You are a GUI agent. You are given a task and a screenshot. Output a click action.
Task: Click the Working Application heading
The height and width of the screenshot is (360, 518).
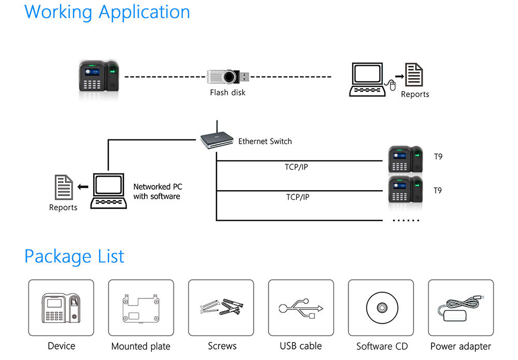tap(107, 12)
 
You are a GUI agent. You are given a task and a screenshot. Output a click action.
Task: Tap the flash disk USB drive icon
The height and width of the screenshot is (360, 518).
tap(228, 77)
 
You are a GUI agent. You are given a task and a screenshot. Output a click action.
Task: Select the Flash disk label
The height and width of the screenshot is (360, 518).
tap(227, 93)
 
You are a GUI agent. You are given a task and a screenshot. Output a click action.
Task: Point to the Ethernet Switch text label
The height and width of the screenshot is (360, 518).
tap(265, 141)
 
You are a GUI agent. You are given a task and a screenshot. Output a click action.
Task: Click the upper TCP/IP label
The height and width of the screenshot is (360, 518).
tap(297, 167)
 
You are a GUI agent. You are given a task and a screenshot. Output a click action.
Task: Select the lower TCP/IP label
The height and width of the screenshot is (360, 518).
tap(298, 197)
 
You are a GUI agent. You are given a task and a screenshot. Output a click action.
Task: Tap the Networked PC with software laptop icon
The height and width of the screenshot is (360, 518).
tap(108, 191)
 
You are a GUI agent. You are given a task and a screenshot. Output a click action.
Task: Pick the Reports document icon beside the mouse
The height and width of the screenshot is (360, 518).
tap(414, 76)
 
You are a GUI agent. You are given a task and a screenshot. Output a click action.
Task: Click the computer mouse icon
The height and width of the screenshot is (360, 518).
tap(393, 84)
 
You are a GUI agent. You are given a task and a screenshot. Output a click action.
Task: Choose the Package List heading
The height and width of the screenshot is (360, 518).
tap(75, 256)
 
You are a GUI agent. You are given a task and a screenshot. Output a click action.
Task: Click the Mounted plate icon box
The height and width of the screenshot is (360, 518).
tap(141, 308)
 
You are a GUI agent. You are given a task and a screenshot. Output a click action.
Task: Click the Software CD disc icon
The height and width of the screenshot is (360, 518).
tap(381, 308)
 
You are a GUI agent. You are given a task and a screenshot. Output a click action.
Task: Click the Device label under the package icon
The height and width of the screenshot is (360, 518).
tap(61, 345)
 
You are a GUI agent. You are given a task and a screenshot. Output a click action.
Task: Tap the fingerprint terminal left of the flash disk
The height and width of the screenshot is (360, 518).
tap(99, 77)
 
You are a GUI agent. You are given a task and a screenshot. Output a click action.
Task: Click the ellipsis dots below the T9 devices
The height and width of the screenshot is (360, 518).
tap(406, 220)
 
